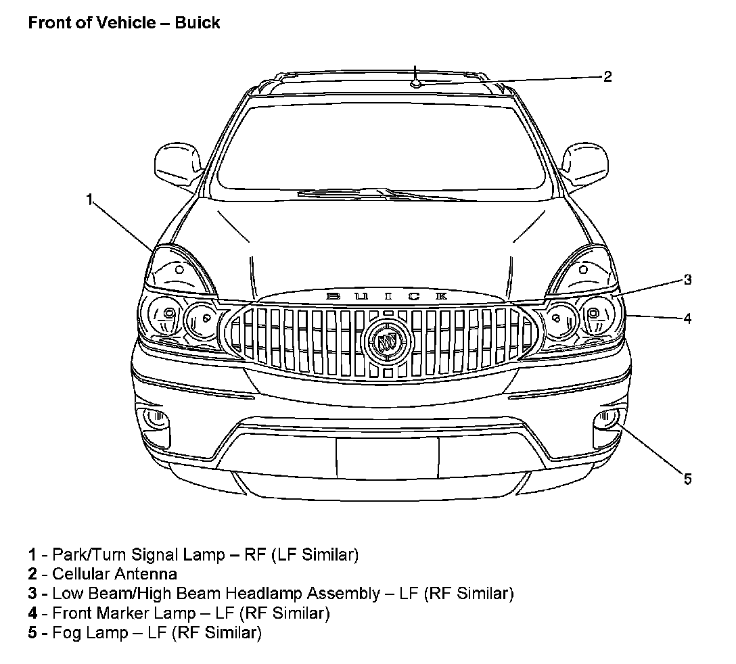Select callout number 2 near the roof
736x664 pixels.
click(607, 76)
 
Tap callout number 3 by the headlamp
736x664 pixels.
click(687, 279)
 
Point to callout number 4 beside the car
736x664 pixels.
click(687, 318)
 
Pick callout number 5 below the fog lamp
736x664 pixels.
click(687, 479)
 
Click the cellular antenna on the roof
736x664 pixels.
click(417, 82)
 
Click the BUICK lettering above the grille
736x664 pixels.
click(387, 296)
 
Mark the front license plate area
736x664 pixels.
click(387, 457)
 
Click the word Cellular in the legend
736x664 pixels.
click(82, 574)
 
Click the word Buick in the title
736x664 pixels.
click(198, 22)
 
